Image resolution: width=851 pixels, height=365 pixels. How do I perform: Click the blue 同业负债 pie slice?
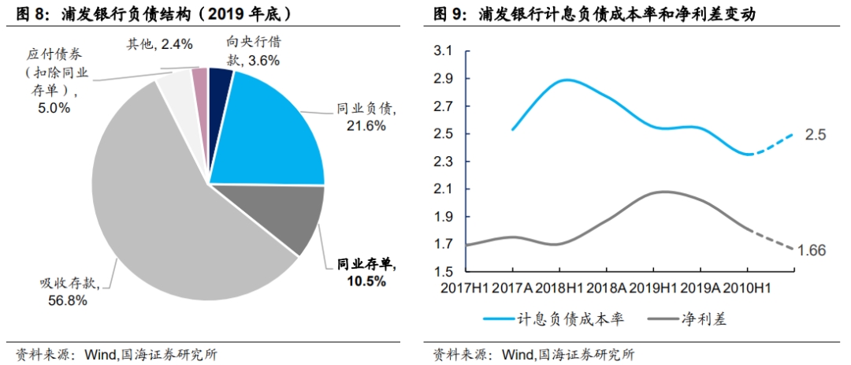[268, 134]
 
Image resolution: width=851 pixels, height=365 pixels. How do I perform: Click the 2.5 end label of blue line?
[815, 135]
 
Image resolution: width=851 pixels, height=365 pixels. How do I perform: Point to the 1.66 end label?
[811, 251]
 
